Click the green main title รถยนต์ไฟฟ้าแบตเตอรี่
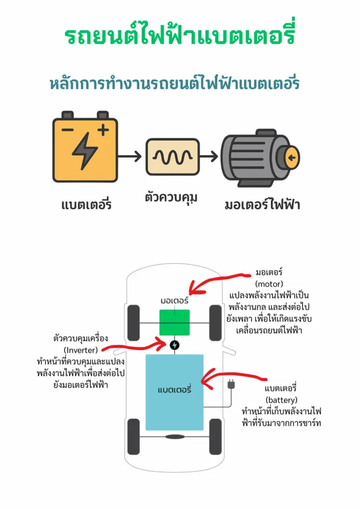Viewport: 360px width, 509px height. [180, 37]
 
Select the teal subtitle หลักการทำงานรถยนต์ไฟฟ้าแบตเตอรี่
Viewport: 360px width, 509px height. [175, 83]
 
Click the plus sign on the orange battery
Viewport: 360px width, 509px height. [103, 130]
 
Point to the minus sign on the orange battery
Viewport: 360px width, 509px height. [68, 131]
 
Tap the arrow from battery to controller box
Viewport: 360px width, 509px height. [130, 157]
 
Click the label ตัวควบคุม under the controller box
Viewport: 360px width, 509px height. [171, 196]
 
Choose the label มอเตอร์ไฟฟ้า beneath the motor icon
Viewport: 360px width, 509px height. [262, 204]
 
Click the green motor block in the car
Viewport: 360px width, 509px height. [175, 322]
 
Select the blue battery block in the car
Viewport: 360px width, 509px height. [175, 392]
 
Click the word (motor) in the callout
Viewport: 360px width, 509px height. [269, 284]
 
